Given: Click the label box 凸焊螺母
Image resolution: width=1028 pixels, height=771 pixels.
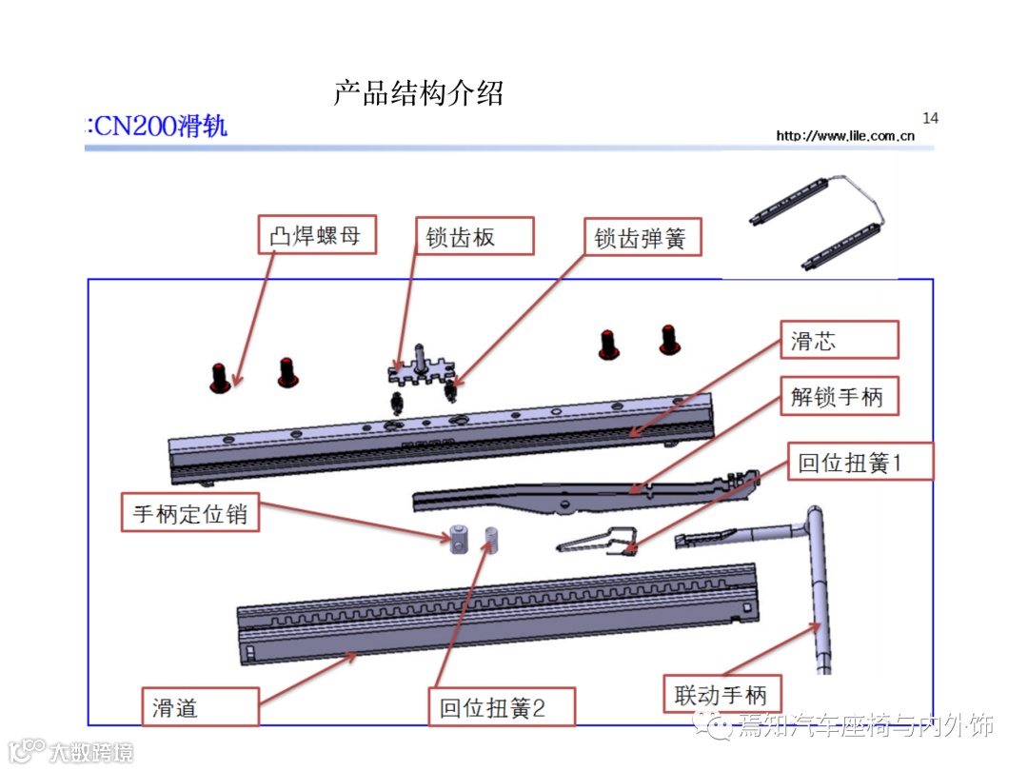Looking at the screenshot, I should [317, 235].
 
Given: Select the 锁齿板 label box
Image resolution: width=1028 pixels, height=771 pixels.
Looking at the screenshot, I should [474, 236].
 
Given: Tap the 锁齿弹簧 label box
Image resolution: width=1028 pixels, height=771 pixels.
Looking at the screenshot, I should [642, 237].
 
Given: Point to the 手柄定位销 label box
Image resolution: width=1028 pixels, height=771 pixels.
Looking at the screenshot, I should [190, 513].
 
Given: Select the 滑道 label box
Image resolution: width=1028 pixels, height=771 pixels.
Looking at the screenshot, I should [200, 706].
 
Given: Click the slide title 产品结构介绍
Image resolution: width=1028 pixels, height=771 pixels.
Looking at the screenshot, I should [418, 93].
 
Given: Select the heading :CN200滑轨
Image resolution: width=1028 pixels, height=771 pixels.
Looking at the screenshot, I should [157, 126].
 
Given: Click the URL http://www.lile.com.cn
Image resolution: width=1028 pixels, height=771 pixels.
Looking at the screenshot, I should [845, 136].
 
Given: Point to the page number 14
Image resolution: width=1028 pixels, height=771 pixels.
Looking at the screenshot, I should [930, 118].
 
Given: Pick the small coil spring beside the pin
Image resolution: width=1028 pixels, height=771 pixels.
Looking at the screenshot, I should [493, 539].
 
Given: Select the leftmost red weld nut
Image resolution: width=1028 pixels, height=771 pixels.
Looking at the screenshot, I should [220, 378].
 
